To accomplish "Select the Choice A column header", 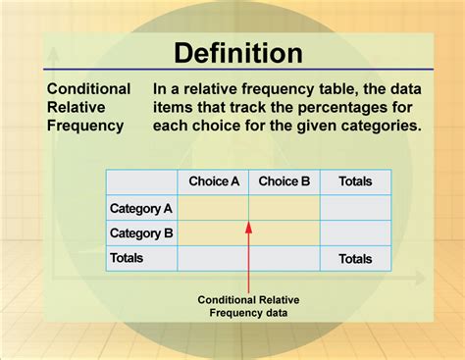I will click(x=213, y=181).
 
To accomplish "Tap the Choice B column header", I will click(x=284, y=181).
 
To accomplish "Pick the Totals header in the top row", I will click(x=355, y=181).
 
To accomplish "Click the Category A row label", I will click(x=141, y=208).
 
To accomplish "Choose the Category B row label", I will click(x=141, y=233).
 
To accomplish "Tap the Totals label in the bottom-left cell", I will click(x=128, y=258).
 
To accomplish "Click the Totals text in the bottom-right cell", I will click(x=355, y=259).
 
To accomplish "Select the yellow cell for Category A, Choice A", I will click(x=213, y=207).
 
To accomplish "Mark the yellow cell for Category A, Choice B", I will click(x=284, y=207).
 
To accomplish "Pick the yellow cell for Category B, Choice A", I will click(x=213, y=232).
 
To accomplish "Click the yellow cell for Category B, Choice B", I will click(x=284, y=232).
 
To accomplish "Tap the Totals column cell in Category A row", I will click(x=355, y=207).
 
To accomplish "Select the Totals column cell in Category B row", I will click(x=355, y=232).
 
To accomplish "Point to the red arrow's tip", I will click(x=249, y=222).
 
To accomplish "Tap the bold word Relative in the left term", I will click(x=75, y=107).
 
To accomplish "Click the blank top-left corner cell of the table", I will click(x=141, y=181).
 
